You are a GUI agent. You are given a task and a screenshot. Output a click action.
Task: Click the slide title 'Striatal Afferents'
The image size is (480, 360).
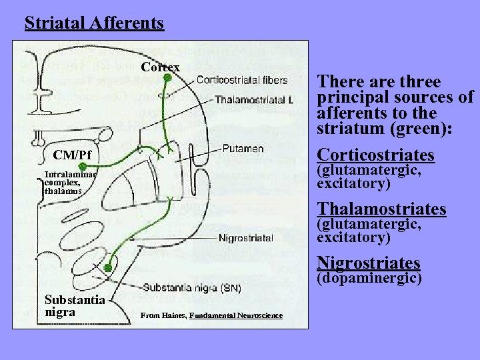tap(94, 23)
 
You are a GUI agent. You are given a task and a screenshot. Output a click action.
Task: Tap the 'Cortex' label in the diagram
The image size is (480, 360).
tap(160, 67)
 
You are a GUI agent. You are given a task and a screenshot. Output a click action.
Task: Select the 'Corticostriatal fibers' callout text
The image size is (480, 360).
tap(242, 80)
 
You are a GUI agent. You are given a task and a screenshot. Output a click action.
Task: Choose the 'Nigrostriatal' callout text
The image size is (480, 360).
tap(245, 237)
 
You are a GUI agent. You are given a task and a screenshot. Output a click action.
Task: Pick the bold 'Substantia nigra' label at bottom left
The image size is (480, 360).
tap(74, 305)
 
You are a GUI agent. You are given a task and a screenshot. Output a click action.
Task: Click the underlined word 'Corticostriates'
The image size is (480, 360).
tap(375, 155)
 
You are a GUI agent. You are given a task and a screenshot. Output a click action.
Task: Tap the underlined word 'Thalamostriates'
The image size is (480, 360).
tap(381, 209)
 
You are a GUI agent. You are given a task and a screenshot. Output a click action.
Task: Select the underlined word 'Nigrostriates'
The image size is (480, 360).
tap(369, 262)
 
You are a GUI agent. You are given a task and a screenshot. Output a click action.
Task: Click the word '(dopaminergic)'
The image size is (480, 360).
tap(369, 277)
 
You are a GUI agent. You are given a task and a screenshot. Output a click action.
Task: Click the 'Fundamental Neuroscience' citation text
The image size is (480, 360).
tap(236, 315)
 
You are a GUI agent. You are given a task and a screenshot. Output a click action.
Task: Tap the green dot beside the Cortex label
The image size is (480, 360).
tap(167, 77)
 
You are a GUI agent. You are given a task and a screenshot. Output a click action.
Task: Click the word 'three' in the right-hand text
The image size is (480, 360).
tap(417, 82)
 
